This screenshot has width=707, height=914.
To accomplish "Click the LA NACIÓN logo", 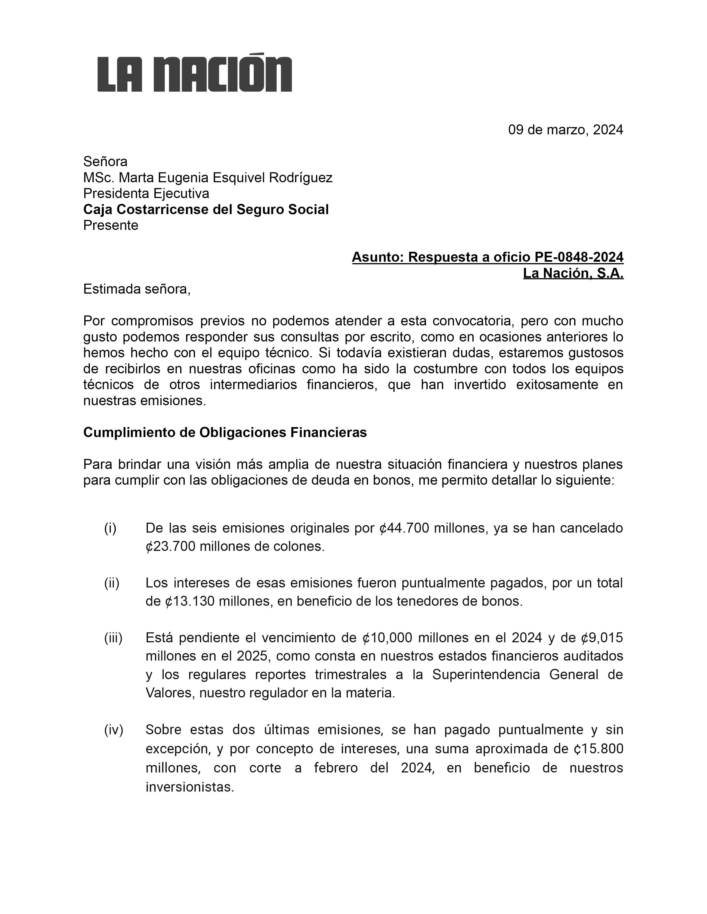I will coord(194,73).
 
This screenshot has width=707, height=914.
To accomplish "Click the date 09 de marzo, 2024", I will coord(565,130).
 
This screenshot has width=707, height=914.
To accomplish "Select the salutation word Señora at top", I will coord(105,161).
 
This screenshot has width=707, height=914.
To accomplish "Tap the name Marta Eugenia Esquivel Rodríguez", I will coord(225,178).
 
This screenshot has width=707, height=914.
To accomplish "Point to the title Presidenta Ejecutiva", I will coord(146,193).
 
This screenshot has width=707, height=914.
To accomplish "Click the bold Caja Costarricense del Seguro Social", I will coord(206,209).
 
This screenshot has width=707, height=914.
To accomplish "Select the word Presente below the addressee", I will coord(111,225).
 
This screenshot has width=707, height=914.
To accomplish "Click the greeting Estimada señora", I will coord(136,289).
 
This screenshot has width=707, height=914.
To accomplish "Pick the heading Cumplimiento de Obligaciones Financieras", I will coord(225,432).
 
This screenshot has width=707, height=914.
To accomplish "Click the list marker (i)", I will coord(110,528).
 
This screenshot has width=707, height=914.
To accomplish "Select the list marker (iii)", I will coord(113,638).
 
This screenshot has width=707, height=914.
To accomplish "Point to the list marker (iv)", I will coord(113,730).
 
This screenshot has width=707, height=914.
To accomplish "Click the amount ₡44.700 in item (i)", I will coord(404,528).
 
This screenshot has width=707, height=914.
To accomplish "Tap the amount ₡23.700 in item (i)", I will coord(171,546).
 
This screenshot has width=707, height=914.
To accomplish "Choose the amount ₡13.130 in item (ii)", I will coord(190,601).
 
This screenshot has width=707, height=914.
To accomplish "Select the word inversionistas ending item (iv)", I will coord(189,787).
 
